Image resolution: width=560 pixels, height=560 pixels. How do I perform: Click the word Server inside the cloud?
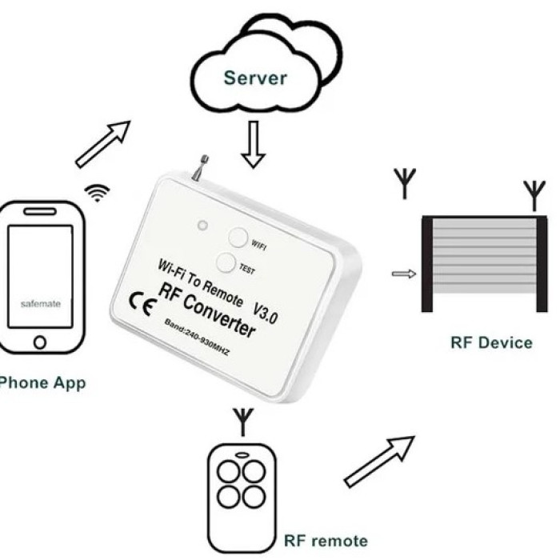point(255,78)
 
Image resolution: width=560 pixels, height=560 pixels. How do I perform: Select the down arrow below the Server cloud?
point(254,144)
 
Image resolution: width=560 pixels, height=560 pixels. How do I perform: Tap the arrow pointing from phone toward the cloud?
point(103,144)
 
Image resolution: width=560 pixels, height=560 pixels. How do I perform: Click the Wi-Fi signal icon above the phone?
point(97,193)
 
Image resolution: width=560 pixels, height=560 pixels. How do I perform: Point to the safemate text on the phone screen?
point(40,304)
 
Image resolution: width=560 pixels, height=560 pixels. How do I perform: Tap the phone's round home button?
point(40,342)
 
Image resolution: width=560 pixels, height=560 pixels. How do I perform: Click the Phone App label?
point(42,383)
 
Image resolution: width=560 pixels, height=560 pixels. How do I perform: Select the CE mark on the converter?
point(142,304)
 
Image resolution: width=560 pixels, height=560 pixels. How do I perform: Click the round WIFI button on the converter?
point(238,237)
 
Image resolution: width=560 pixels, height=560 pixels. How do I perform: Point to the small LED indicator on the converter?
point(202,226)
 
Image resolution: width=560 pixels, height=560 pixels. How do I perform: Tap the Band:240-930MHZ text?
point(197,337)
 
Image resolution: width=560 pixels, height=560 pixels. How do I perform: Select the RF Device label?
point(491,343)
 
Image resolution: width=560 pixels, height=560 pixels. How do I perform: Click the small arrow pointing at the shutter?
point(404,274)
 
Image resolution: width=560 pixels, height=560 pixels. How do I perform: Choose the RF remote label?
point(326,541)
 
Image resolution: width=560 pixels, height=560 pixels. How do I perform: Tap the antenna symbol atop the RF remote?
point(243,422)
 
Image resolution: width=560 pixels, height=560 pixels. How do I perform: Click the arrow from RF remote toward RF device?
point(379,462)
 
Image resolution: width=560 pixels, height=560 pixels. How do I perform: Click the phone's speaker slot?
point(40,211)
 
